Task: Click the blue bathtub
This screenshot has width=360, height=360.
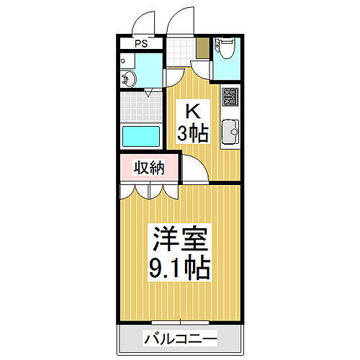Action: click(142, 135)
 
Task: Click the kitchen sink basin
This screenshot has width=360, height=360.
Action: click(230, 132)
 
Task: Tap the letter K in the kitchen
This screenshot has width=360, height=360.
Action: click(192, 112)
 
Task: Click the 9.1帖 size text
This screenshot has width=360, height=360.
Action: click(179, 268)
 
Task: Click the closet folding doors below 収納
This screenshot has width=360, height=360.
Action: click(148, 191)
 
